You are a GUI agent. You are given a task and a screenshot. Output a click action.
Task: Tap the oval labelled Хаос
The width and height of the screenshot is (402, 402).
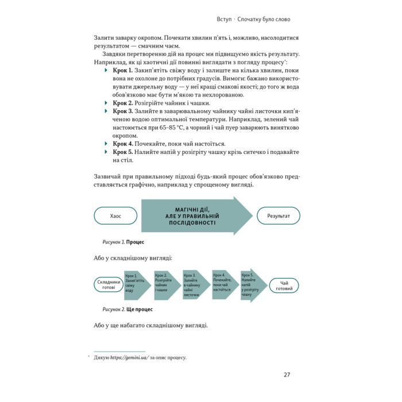click(115, 216)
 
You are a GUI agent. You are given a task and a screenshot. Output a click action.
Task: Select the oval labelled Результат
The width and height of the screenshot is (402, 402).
click(279, 216)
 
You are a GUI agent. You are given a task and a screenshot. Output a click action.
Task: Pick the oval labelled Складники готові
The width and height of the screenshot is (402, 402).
click(108, 285)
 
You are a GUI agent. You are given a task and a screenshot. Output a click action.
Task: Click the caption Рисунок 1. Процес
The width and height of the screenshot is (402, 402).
click(123, 242)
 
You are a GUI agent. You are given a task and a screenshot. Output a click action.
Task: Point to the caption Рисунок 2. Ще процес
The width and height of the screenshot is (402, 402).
click(127, 309)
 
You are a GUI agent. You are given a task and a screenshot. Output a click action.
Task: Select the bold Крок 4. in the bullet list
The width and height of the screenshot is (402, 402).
click(123, 143)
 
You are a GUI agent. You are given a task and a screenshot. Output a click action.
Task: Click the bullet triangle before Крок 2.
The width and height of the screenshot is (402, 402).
click(106, 103)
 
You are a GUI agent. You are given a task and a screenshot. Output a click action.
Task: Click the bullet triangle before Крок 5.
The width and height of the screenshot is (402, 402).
click(106, 152)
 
